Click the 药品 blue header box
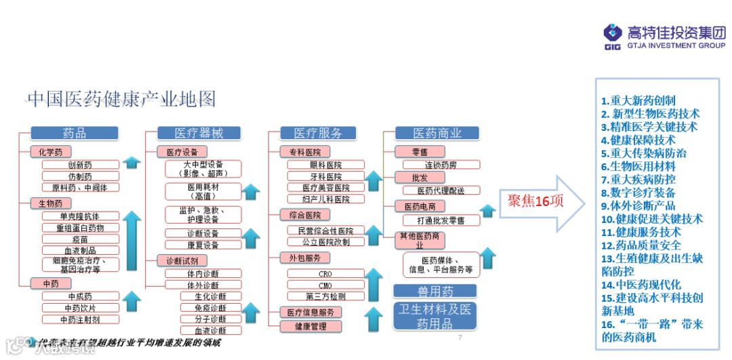pos(75,133)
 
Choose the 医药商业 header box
pos(437,133)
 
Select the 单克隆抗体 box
pos(80,216)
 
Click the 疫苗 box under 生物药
pos(80,239)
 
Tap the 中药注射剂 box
pos(80,319)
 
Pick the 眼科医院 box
pos(325,165)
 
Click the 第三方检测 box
pos(325,296)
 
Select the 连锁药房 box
pos(441,165)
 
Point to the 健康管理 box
pos(311,326)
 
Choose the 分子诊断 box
pos(210,319)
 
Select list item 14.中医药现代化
pos(640,285)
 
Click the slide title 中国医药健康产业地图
pos(121,100)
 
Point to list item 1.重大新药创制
pos(638,101)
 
